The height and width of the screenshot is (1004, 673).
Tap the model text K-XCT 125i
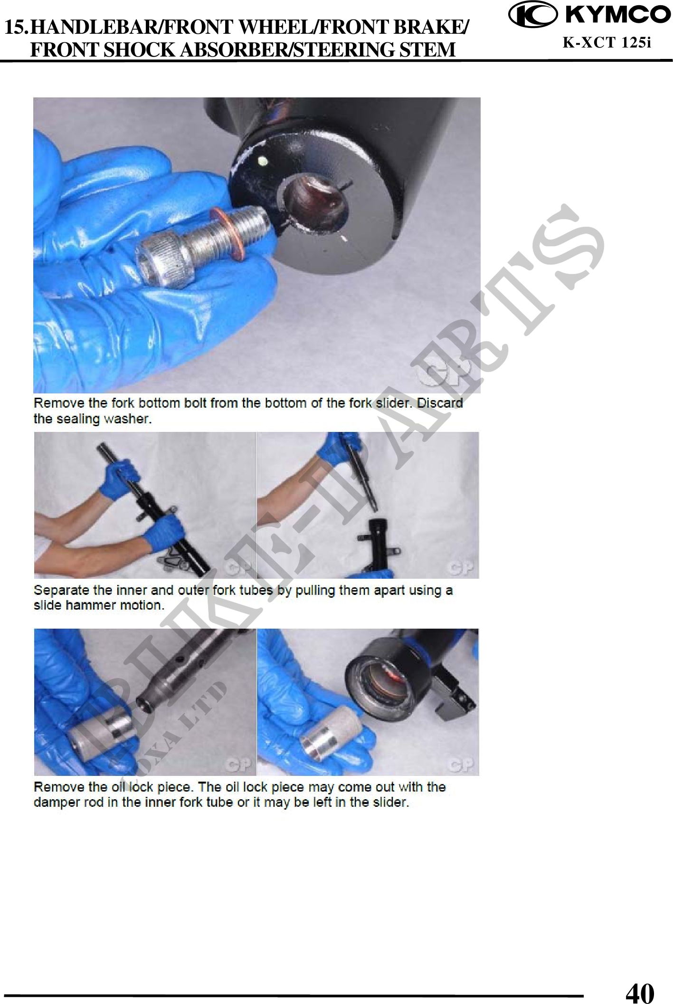coord(607,43)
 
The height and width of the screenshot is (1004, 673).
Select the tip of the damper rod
coord(142,704)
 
